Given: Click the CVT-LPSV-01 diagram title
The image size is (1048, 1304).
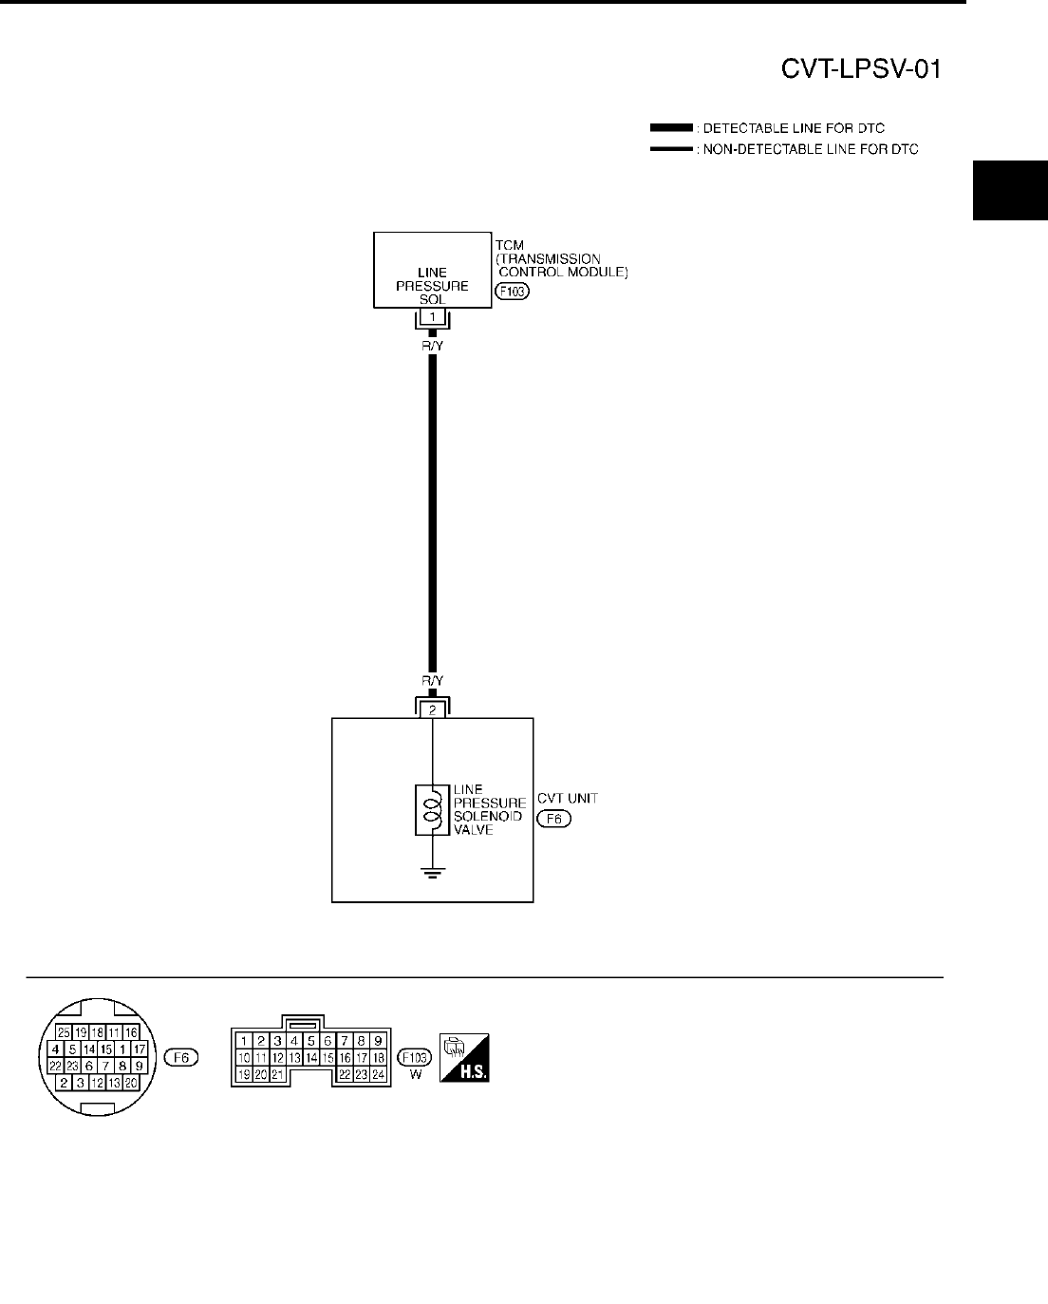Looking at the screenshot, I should pyautogui.click(x=860, y=70).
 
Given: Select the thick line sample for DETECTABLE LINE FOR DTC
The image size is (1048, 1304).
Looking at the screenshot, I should pyautogui.click(x=671, y=127).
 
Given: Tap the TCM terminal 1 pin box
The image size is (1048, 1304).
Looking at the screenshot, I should pyautogui.click(x=432, y=316).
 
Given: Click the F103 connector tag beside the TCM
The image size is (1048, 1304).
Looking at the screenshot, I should pyautogui.click(x=513, y=292).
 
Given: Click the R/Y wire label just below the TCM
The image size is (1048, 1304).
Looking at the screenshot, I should pyautogui.click(x=432, y=347).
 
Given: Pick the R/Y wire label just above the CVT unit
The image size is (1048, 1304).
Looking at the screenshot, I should pyautogui.click(x=432, y=681).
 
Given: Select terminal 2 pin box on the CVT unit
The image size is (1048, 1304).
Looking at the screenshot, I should pyautogui.click(x=432, y=709).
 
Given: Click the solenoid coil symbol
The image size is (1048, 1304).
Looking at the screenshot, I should pyautogui.click(x=432, y=810).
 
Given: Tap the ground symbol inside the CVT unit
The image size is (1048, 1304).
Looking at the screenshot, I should pyautogui.click(x=432, y=872).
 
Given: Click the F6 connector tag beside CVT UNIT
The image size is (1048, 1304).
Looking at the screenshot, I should pyautogui.click(x=553, y=819).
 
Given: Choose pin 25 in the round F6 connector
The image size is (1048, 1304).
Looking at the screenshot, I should pyautogui.click(x=63, y=1031).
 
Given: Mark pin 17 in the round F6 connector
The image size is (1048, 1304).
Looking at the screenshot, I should pyautogui.click(x=139, y=1049).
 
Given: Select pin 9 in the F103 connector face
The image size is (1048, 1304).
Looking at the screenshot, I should pyautogui.click(x=377, y=1040).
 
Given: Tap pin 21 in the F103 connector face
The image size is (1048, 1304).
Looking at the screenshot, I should pyautogui.click(x=277, y=1074).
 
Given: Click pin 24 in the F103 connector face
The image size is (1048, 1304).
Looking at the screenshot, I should pyautogui.click(x=377, y=1074).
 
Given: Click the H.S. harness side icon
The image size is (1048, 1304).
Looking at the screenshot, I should pyautogui.click(x=464, y=1057).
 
